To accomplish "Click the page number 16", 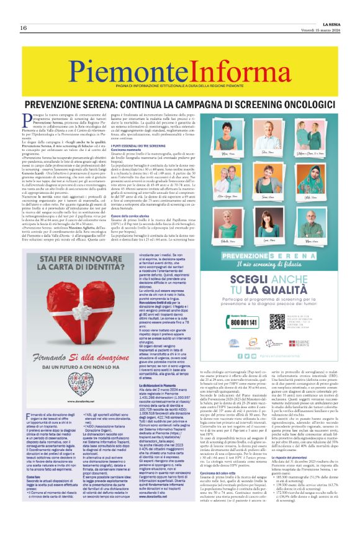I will tap(22, 28).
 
